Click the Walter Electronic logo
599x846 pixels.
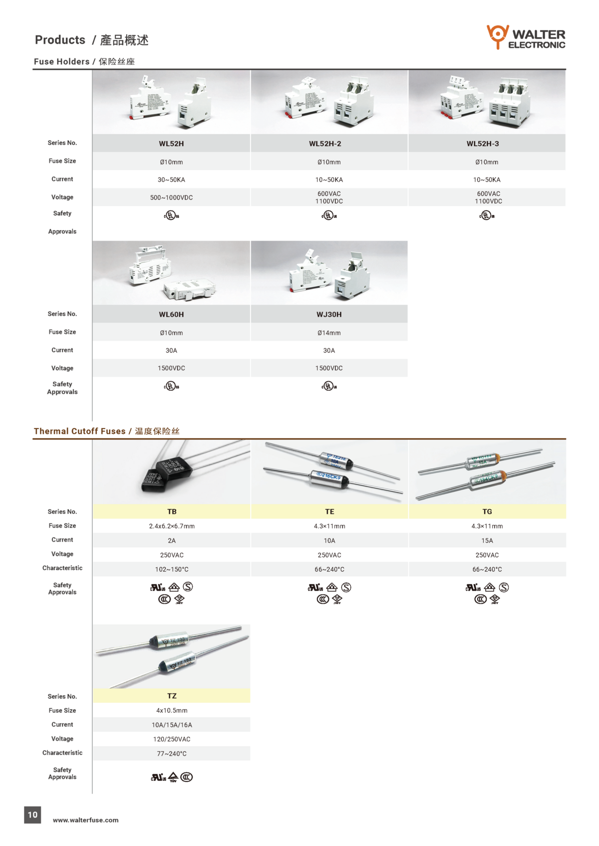pos(526,37)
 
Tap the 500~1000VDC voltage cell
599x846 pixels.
pos(171,198)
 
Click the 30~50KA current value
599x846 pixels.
pos(171,180)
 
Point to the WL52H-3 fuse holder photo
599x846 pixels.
pos(487,102)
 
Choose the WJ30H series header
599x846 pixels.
pos(329,314)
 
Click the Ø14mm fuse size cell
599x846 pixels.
pos(329,333)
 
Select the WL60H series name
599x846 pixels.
pos(171,314)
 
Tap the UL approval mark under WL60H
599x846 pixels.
pos(171,386)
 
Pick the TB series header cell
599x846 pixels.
pos(172,512)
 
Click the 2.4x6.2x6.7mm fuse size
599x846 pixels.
pos(172,526)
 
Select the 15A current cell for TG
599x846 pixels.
pos(487,541)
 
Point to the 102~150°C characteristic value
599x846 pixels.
pos(172,569)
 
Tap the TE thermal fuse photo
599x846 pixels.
pos(329,471)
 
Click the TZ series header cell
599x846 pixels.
pos(172,696)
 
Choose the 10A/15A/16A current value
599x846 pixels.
pos(172,725)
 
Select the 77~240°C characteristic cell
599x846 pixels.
pos(172,754)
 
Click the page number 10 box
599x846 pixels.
pos(32,815)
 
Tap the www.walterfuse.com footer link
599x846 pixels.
pos(86,820)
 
